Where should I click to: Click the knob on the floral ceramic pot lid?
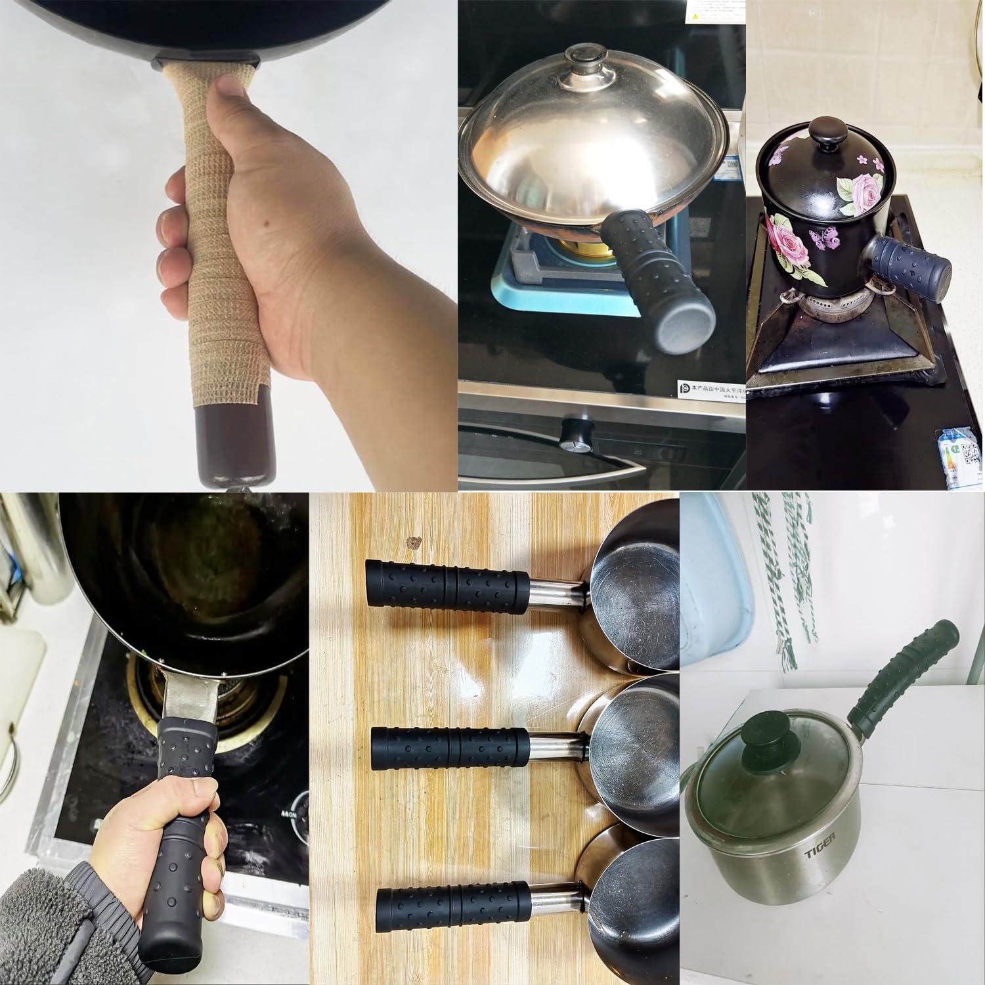(829, 137)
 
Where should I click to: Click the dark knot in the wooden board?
(414, 542)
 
